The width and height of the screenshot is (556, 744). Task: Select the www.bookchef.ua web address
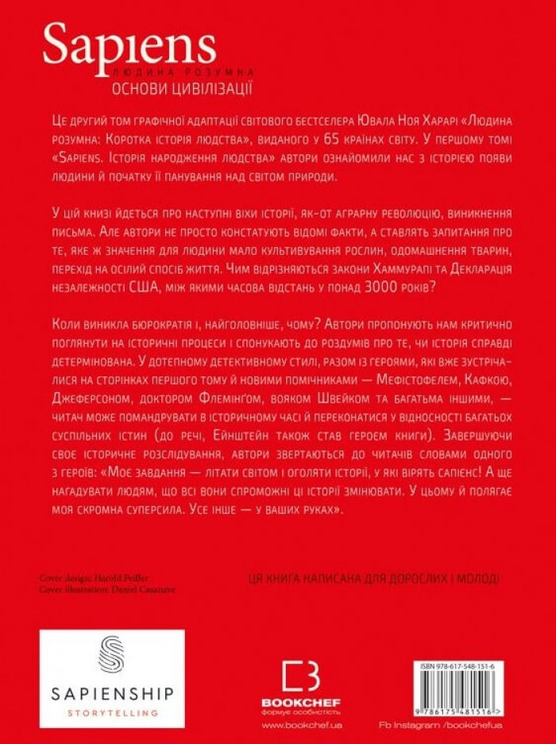(x=301, y=726)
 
